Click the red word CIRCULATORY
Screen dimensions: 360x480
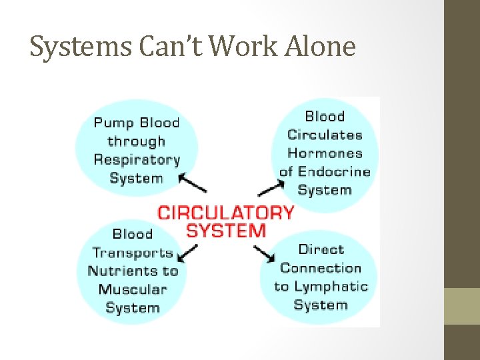[225, 213]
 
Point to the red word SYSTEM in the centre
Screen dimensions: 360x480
[225, 231]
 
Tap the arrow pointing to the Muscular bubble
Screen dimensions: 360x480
[189, 253]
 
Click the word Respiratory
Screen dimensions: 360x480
[137, 160]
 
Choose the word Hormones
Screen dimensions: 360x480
[325, 153]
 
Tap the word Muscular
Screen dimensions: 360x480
[132, 289]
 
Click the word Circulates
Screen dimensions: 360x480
[325, 135]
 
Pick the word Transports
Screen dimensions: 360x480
[133, 253]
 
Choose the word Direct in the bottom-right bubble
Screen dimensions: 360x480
[321, 249]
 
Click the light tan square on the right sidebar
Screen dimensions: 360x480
[462, 306]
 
